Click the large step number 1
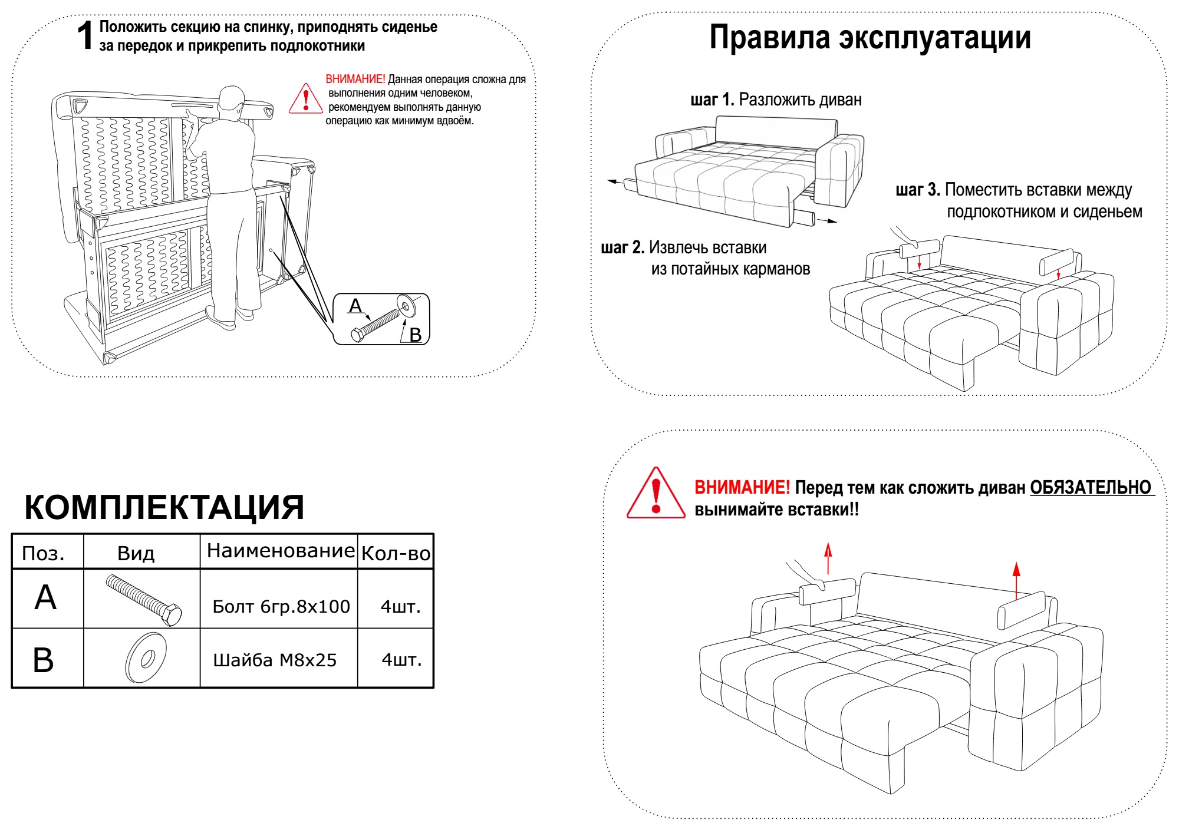(x=85, y=35)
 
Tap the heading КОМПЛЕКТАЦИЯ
(x=164, y=507)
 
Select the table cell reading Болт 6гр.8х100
(x=281, y=606)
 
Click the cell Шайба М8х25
(x=275, y=660)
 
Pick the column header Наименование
(x=281, y=550)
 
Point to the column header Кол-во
(x=396, y=553)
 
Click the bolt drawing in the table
(x=144, y=600)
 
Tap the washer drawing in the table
(x=146, y=658)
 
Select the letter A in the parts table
(x=45, y=597)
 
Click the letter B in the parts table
(x=43, y=660)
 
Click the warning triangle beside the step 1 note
(x=305, y=98)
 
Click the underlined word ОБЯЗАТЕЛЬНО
(x=1091, y=487)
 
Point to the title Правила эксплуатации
(x=870, y=38)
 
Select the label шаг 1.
(x=712, y=100)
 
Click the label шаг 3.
(x=918, y=190)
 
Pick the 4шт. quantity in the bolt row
(x=401, y=606)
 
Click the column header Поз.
(x=43, y=553)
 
